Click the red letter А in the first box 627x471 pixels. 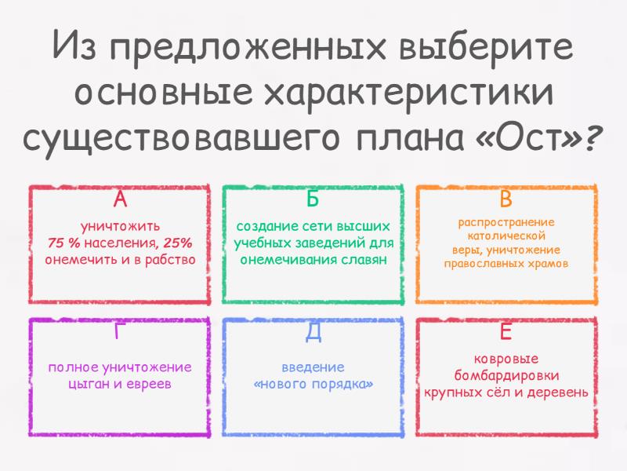click(120, 199)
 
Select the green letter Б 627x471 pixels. click(313, 199)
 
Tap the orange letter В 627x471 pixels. click(506, 199)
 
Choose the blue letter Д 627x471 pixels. click(313, 332)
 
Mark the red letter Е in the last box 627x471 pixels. click(506, 331)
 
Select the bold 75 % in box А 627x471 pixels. click(63, 243)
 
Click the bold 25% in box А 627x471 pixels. click(177, 243)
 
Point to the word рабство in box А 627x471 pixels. click(170, 260)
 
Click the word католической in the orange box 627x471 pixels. click(506, 236)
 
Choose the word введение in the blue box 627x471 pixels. click(313, 367)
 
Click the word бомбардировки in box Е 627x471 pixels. click(506, 376)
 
